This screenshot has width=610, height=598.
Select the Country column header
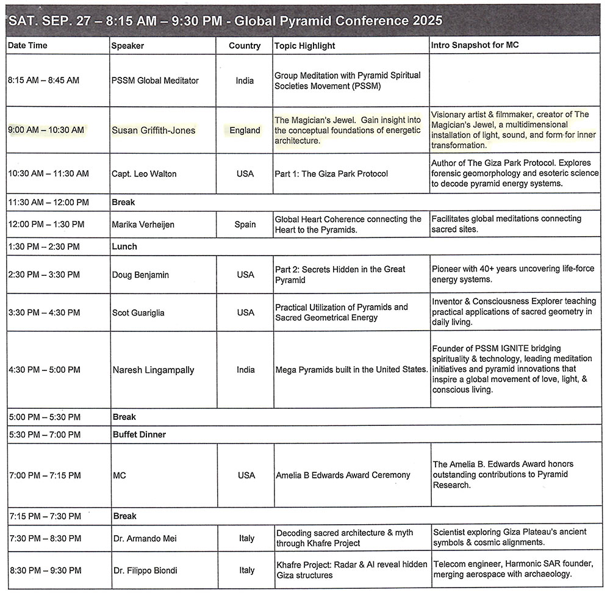tap(245, 46)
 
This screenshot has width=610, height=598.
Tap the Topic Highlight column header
tap(305, 46)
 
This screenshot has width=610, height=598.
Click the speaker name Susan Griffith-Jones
tap(154, 130)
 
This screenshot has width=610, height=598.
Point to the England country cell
tap(245, 130)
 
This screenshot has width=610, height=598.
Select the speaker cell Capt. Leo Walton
tap(145, 174)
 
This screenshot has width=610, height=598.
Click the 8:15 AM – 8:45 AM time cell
tap(43, 81)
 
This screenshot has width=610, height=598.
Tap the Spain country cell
tap(245, 225)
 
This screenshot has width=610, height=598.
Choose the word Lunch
tap(125, 247)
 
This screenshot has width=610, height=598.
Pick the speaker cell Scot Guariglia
tap(138, 313)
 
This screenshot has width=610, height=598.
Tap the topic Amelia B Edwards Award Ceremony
tap(342, 475)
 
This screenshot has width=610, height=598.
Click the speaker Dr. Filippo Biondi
tap(145, 571)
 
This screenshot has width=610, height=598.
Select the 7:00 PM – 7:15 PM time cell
tap(45, 475)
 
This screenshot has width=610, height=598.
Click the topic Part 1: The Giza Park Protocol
tap(331, 174)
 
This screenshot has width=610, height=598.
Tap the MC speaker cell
tap(120, 475)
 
